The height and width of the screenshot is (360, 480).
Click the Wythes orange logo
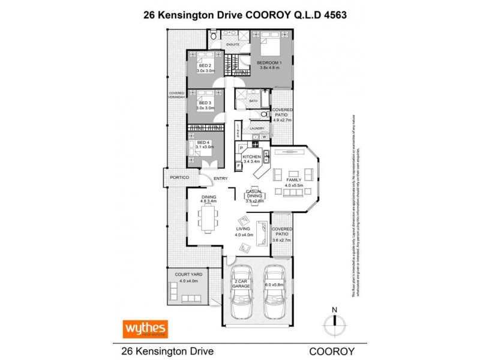click(x=145, y=328)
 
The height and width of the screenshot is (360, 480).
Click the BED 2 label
click(x=203, y=65)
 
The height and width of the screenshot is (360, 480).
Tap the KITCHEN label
click(x=251, y=156)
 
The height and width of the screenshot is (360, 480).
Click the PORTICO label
click(x=179, y=178)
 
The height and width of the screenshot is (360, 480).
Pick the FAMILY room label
click(x=294, y=179)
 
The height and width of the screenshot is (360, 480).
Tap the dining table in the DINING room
click(x=208, y=217)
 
